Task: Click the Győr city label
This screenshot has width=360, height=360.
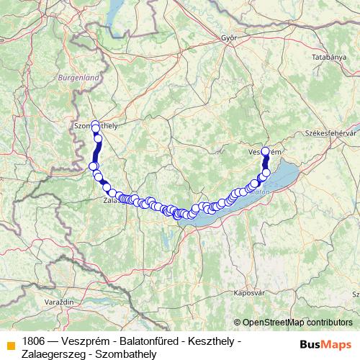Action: (x=230, y=37)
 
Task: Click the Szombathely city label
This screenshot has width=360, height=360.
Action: (x=96, y=125)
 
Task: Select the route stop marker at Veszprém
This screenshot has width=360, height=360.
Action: (x=265, y=151)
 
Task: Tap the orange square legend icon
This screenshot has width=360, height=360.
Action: (x=10, y=344)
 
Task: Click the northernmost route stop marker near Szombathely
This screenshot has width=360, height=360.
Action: (x=94, y=125)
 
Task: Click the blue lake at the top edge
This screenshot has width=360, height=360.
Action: (x=116, y=11)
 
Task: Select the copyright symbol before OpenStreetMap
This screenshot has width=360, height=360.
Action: (x=238, y=323)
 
